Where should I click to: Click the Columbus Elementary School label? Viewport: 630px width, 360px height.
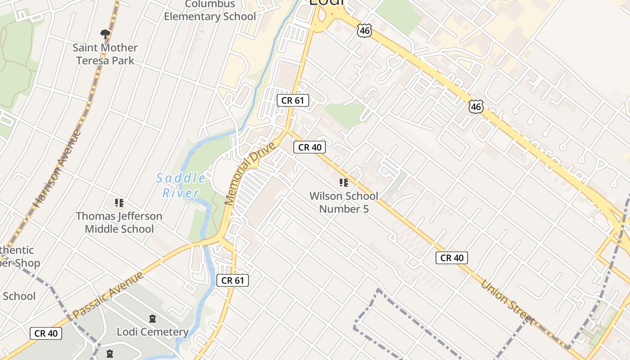(210, 11)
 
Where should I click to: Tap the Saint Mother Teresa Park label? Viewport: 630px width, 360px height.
(105, 54)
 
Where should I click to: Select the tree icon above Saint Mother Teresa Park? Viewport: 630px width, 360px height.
(105, 34)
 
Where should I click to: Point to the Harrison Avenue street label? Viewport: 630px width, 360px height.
(57, 169)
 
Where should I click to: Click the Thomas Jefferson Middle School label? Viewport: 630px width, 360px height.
(119, 222)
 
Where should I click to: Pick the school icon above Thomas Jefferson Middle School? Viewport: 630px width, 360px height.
(119, 203)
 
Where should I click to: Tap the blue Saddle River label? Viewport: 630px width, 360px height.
(180, 185)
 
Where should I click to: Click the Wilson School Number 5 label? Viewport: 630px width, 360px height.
(344, 202)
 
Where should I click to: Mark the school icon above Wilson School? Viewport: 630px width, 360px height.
(344, 183)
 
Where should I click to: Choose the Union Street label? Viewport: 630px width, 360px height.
(508, 302)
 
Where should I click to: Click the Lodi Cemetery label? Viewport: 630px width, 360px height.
(153, 332)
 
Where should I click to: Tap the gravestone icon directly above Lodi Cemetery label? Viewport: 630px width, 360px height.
(153, 319)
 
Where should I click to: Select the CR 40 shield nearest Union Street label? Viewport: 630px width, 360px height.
(452, 258)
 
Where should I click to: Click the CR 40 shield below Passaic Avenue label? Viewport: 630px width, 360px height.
(46, 333)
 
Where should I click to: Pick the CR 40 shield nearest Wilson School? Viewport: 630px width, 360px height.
(310, 147)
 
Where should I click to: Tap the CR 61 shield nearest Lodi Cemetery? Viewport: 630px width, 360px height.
(233, 280)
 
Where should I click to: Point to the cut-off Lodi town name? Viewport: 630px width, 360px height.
(327, 3)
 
